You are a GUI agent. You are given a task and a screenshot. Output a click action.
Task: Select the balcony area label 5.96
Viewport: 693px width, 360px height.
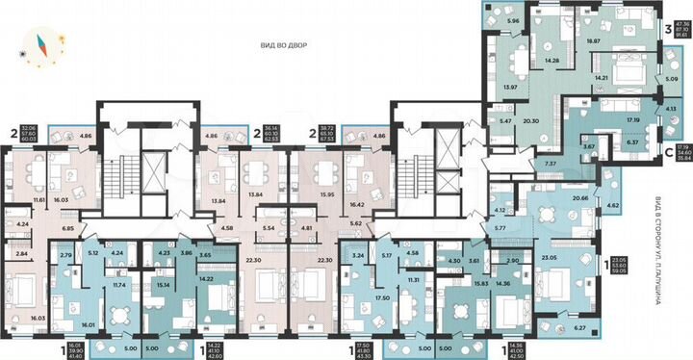click(513, 21)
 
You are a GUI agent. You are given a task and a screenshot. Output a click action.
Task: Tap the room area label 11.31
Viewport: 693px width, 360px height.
click(413, 280)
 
